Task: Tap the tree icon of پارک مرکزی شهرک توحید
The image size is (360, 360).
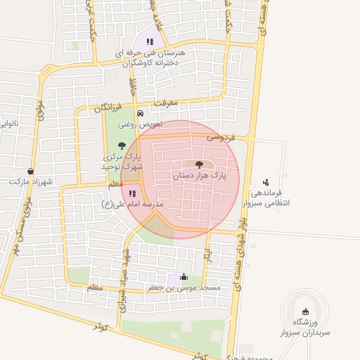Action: [122, 146]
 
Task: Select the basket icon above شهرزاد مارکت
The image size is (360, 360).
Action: [30, 171]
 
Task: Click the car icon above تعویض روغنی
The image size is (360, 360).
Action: [140, 113]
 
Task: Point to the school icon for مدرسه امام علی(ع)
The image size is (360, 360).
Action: [132, 193]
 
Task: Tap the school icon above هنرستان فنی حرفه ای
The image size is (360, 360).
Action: [149, 41]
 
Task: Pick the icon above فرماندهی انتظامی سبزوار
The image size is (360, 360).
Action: [265, 181]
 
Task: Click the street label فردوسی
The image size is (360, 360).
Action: [220, 139]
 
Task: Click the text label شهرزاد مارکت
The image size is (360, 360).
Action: [31, 181]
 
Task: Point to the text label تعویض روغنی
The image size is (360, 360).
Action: [140, 124]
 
